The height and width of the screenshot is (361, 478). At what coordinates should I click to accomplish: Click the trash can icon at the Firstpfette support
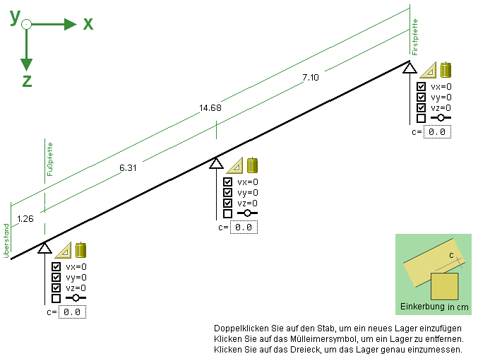pyautogui.click(x=446, y=70)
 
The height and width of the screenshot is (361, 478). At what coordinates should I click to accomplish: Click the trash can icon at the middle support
pyautogui.click(x=252, y=165)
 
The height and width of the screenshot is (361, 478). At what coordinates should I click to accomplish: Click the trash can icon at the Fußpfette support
pyautogui.click(x=81, y=249)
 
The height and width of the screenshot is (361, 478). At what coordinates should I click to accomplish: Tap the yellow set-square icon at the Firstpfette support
pyautogui.click(x=429, y=70)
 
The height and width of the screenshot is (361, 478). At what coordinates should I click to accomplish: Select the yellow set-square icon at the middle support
pyautogui.click(x=234, y=166)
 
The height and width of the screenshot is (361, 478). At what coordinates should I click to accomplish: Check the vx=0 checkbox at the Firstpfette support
pyautogui.click(x=421, y=87)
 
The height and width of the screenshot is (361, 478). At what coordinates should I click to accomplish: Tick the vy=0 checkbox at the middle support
pyautogui.click(x=227, y=192)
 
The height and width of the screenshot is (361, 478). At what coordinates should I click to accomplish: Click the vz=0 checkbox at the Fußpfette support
pyautogui.click(x=56, y=288)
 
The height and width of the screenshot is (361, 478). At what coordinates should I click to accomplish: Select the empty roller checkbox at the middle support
pyautogui.click(x=227, y=213)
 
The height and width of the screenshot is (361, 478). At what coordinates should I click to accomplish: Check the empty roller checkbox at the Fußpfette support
pyautogui.click(x=56, y=298)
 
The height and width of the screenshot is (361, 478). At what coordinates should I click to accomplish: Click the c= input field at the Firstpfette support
pyautogui.click(x=437, y=131)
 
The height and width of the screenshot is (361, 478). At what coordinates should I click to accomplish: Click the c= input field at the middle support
pyautogui.click(x=244, y=227)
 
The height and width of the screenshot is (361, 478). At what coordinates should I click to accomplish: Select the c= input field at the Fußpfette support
pyautogui.click(x=72, y=312)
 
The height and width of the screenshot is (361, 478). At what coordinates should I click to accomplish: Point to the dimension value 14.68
pyautogui.click(x=210, y=108)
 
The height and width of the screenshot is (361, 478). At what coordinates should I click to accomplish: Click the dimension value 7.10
pyautogui.click(x=311, y=78)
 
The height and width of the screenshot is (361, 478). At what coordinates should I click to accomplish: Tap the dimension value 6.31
pyautogui.click(x=129, y=167)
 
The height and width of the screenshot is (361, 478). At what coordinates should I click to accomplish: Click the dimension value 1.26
pyautogui.click(x=25, y=218)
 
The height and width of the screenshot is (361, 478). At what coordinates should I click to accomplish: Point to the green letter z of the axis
pyautogui.click(x=27, y=81)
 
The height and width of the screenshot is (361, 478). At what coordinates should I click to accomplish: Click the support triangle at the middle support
pyautogui.click(x=216, y=164)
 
